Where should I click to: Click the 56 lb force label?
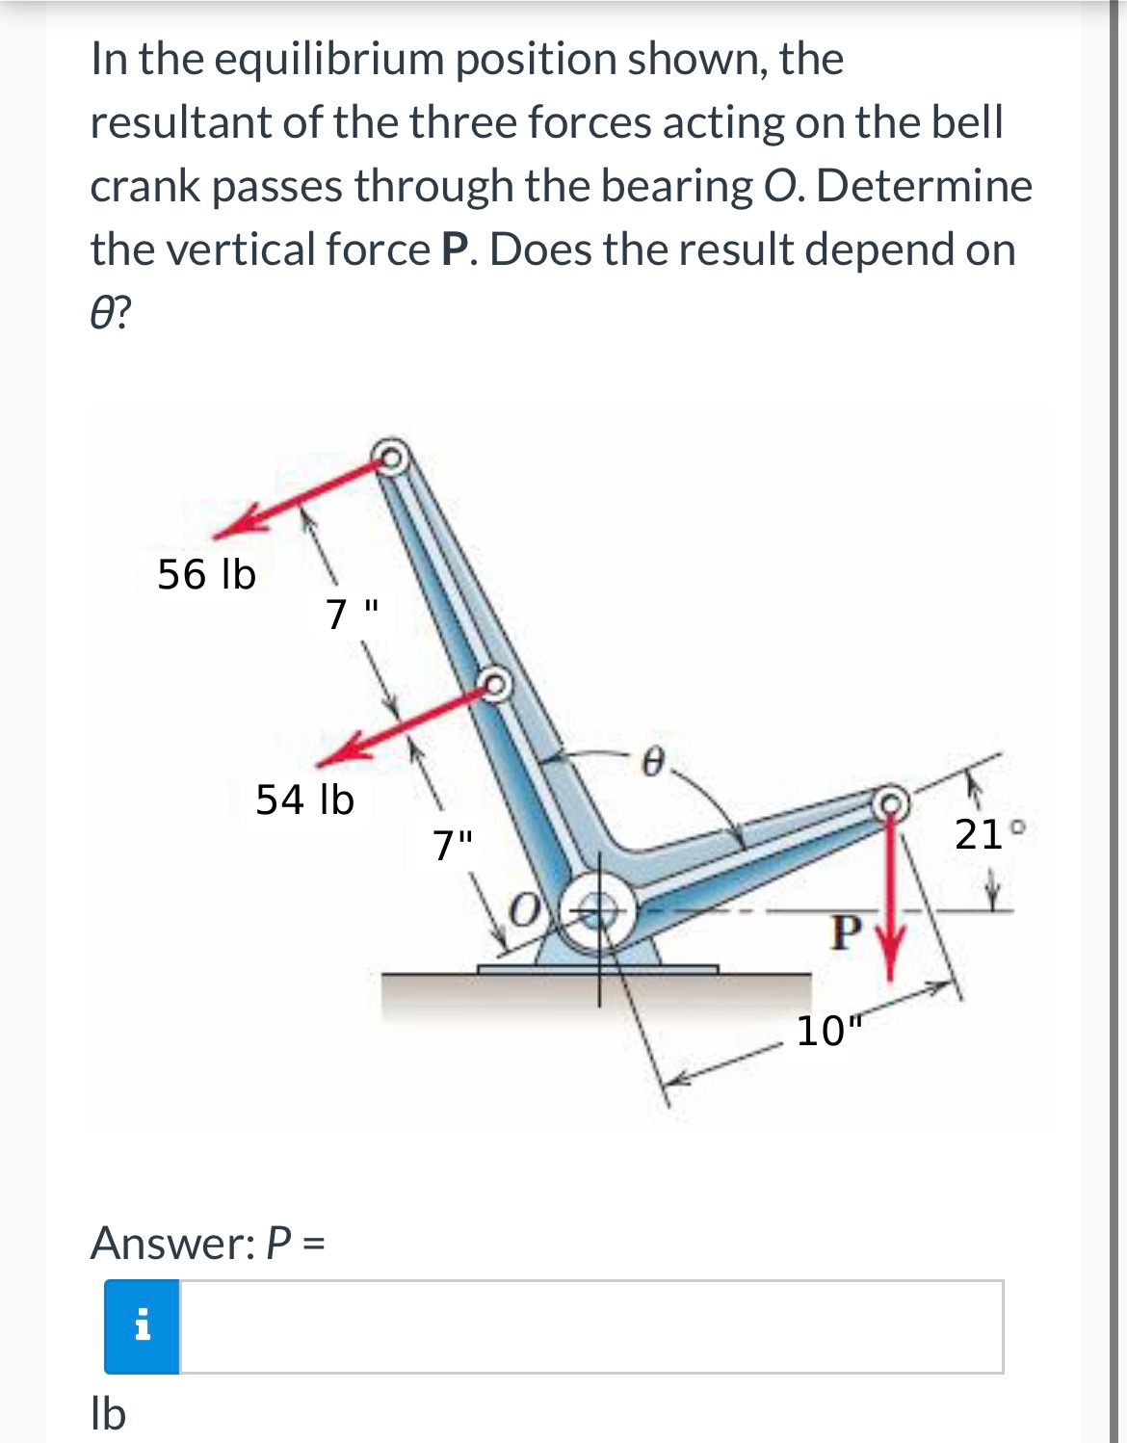pos(206,575)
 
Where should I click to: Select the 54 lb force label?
pos(304,800)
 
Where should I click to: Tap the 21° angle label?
pos(980,834)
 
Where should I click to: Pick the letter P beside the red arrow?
pos(845,931)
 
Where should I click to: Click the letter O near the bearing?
pos(525,908)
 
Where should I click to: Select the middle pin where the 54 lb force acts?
pos(495,685)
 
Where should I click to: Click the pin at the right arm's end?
pos(890,800)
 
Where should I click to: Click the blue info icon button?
pos(142,1326)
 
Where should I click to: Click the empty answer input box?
pos(590,1326)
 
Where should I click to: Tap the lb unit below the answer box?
pos(108,1414)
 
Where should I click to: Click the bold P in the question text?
pos(455,249)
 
